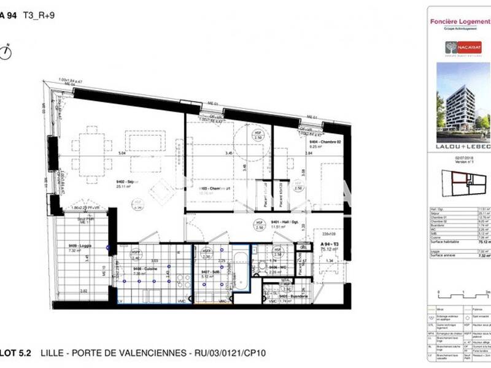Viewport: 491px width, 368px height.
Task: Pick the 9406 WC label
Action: tap(279, 268)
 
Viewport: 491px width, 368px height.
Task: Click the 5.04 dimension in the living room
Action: tap(122, 153)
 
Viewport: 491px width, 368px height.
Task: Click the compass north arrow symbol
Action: tap(7, 52)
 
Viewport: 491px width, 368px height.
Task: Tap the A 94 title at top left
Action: tap(7, 17)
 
